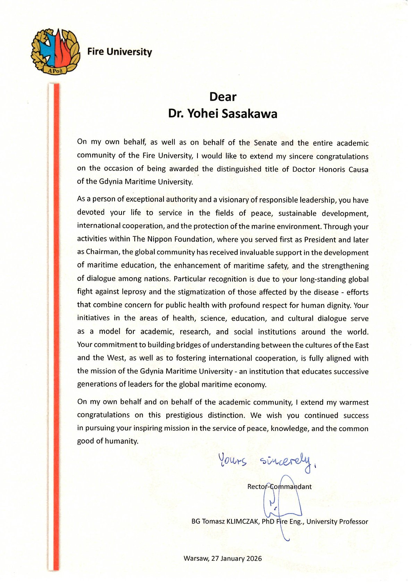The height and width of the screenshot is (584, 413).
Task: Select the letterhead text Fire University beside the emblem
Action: tap(119, 52)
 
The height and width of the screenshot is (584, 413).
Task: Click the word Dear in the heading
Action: tap(223, 97)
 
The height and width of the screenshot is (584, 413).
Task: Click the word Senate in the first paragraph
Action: tap(265, 143)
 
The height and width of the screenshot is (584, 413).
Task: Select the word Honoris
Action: tap(328, 169)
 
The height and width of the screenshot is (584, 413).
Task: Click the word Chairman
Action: tap(102, 252)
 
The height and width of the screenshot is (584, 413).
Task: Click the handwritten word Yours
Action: tap(232, 460)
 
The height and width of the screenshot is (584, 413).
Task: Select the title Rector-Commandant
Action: tap(279, 486)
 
